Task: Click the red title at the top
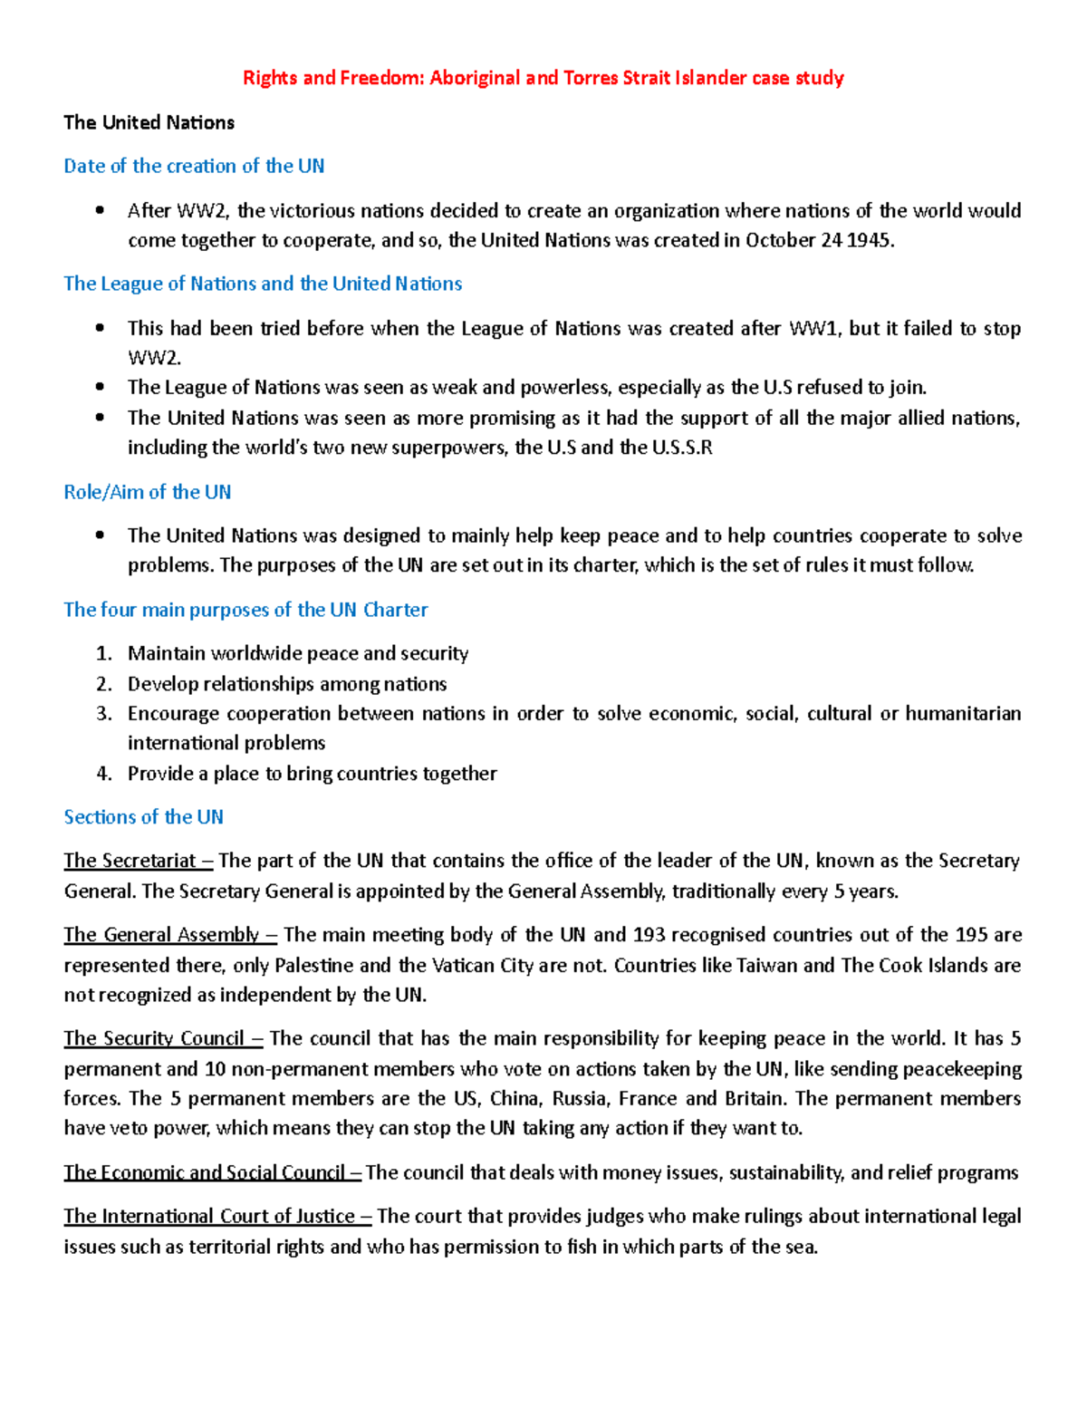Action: coord(543,78)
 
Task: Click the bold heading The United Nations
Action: coord(149,122)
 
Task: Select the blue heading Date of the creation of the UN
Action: coord(194,166)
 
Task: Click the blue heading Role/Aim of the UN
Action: coord(147,492)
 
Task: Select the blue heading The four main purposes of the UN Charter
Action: coord(245,610)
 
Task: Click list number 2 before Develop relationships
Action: coord(103,684)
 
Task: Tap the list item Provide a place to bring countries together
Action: coord(312,774)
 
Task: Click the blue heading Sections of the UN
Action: coord(143,817)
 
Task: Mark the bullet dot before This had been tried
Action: coord(100,328)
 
